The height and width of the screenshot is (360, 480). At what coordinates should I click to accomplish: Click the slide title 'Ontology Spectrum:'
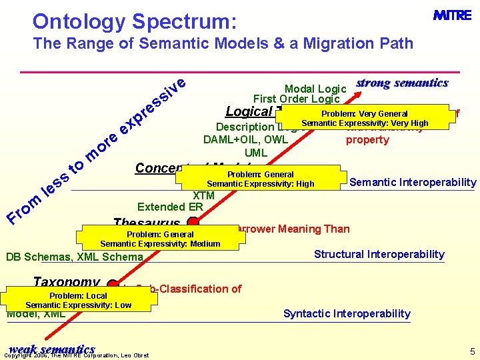[x=134, y=21]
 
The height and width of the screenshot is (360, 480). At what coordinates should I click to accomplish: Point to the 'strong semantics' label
[x=402, y=83]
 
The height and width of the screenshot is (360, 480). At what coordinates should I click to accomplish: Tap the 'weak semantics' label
[x=52, y=349]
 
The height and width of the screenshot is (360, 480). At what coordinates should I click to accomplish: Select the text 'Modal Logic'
[x=315, y=89]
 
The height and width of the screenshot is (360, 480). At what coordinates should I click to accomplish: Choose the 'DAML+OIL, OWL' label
[x=246, y=139]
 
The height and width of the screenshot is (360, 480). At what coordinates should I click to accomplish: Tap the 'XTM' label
[x=203, y=195]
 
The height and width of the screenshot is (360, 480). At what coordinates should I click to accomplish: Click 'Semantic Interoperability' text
[x=413, y=183]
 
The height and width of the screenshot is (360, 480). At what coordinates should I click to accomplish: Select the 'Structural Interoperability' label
[x=379, y=254]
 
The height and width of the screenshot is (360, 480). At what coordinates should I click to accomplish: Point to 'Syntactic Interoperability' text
[x=347, y=313]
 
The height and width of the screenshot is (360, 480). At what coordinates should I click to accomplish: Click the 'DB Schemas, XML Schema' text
[x=74, y=257]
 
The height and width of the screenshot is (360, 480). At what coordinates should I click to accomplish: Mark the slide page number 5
[x=472, y=351]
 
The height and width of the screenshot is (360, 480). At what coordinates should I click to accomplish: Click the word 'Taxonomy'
[x=67, y=283]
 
